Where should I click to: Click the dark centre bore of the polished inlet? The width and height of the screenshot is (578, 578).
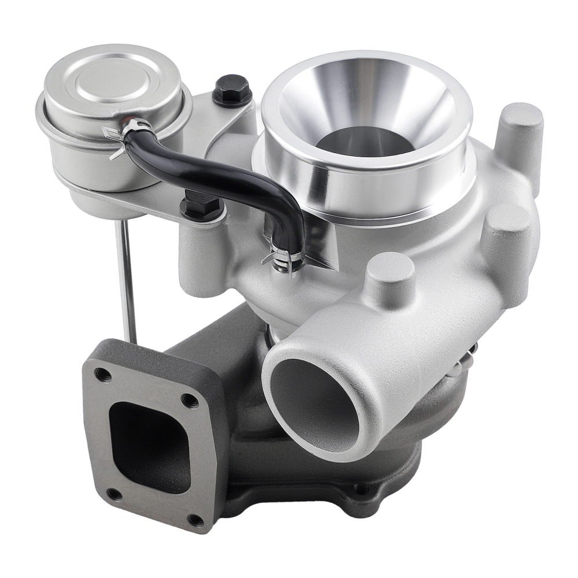pyautogui.click(x=364, y=142)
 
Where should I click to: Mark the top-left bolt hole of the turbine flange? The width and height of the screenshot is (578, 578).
pyautogui.click(x=103, y=374)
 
